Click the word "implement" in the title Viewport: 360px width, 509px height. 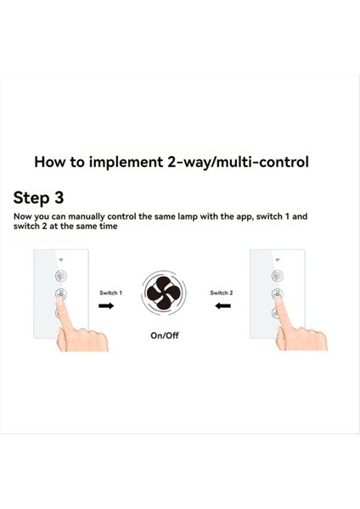pos(136,161)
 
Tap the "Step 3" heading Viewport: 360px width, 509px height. pos(38,199)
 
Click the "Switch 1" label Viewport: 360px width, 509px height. pos(111,293)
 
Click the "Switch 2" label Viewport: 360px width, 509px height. pos(222,293)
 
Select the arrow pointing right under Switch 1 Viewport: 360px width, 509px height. pos(106,306)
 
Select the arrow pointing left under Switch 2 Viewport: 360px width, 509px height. pos(223,306)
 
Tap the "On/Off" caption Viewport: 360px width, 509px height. pos(165,335)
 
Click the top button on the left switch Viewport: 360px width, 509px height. pos(61,276)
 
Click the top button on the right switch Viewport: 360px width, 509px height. pos(278,276)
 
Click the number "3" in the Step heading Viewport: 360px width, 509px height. pos(58,199)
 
